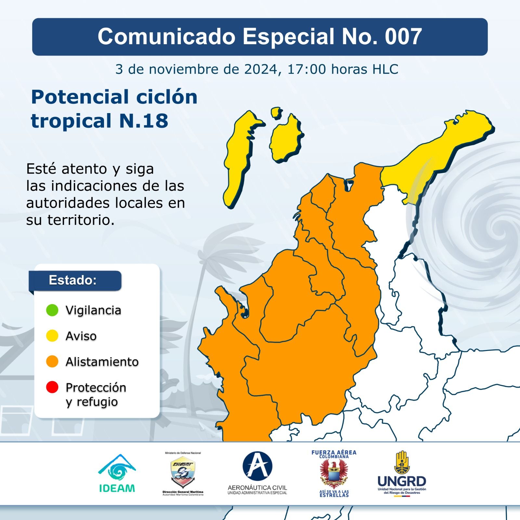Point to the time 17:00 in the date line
tap(306, 69)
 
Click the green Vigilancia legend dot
tap(52, 310)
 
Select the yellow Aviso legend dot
tap(52, 336)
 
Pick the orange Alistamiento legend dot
tap(52, 361)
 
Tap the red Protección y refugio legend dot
tap(52, 387)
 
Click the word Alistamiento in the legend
tap(102, 362)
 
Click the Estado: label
tap(73, 280)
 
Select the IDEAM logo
tap(117, 473)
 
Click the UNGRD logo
tap(402, 473)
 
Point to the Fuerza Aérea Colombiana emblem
tap(334, 474)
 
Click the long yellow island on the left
tap(239, 159)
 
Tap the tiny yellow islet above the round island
tap(277, 113)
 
